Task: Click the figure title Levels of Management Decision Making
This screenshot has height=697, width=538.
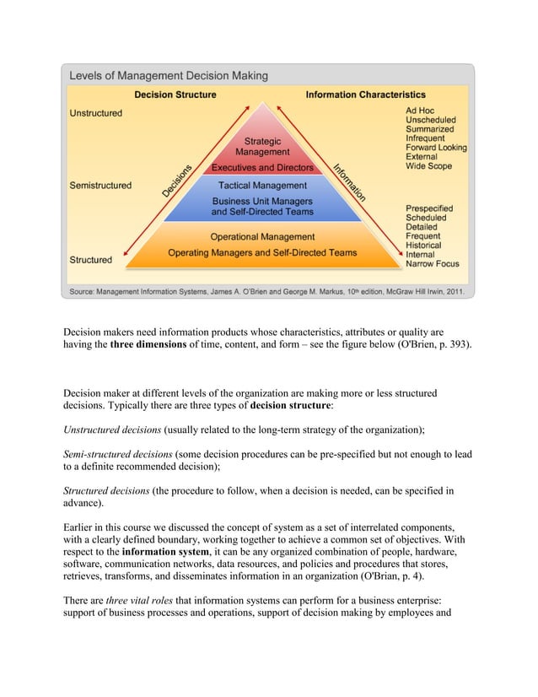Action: [168, 76]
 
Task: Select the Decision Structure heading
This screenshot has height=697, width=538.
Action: [175, 95]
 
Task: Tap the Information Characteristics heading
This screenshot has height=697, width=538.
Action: [365, 95]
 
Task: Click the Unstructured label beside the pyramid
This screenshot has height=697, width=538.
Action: [95, 113]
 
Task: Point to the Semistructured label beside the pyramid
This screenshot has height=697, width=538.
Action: [100, 186]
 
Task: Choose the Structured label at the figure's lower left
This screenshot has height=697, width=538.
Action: [90, 260]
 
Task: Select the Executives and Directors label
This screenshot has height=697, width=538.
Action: [262, 168]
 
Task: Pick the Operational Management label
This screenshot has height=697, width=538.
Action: [262, 237]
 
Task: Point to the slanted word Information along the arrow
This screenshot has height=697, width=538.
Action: [348, 182]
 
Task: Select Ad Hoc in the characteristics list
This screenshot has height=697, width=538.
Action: [422, 111]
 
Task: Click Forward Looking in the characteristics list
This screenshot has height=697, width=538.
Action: [436, 148]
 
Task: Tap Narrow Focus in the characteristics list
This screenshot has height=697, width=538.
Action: [433, 264]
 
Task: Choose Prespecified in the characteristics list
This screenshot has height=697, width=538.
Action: [429, 208]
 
